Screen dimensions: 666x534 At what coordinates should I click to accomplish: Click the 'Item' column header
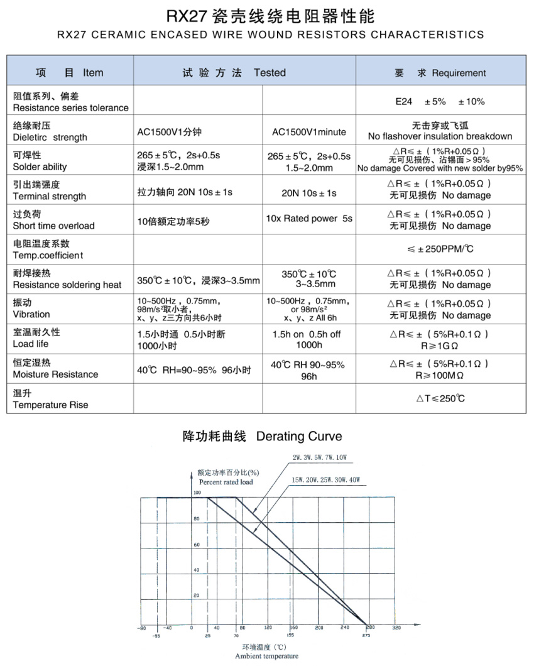click(x=93, y=73)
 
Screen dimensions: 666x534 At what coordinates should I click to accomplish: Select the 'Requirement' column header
click(x=459, y=73)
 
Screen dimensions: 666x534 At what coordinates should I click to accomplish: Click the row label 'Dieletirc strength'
click(x=50, y=137)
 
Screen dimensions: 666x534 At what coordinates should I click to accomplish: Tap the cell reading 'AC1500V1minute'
click(x=309, y=132)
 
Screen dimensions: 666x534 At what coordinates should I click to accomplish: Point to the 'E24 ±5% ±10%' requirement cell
click(x=440, y=102)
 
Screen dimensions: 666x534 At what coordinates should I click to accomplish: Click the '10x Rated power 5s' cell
click(x=309, y=219)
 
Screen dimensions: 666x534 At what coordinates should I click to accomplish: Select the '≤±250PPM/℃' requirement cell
click(x=440, y=249)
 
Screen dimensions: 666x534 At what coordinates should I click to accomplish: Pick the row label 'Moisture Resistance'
click(x=55, y=374)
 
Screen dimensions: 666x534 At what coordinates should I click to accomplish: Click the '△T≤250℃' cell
click(x=440, y=398)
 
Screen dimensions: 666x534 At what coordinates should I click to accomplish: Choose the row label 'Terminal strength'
click(x=50, y=196)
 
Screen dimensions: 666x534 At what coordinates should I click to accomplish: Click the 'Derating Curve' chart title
click(x=299, y=436)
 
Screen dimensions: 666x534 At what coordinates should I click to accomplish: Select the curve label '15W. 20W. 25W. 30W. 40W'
click(x=325, y=480)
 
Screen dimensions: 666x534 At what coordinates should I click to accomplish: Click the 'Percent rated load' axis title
click(x=226, y=482)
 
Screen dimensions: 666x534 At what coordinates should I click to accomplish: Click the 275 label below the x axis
click(x=366, y=636)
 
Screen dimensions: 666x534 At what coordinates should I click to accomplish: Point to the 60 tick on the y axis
click(x=196, y=544)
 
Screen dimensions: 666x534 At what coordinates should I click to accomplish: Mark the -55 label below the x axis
click(x=155, y=636)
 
